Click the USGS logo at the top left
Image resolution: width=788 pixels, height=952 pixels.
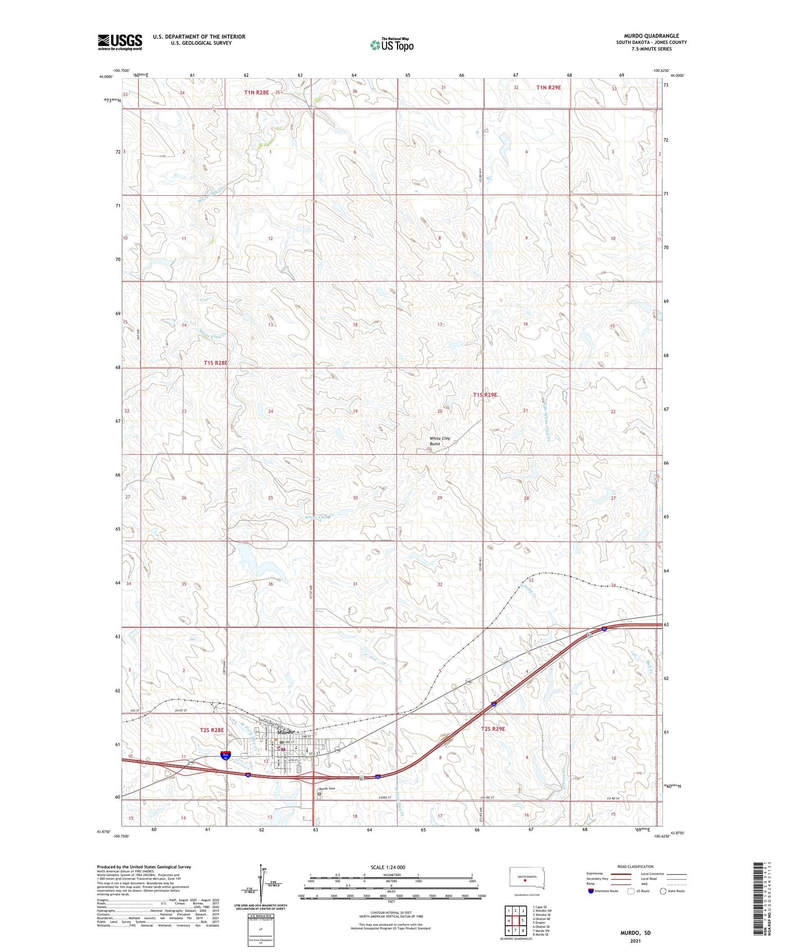120,42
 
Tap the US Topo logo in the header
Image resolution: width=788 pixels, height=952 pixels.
392,45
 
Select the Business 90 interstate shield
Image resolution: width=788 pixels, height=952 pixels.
225,755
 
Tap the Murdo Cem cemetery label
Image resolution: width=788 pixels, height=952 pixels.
327,788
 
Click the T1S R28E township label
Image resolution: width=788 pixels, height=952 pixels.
215,363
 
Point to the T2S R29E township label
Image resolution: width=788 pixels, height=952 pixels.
492,729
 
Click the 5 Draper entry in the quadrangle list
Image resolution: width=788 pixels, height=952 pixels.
538,923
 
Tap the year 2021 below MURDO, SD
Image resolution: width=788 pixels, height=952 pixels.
635,941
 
